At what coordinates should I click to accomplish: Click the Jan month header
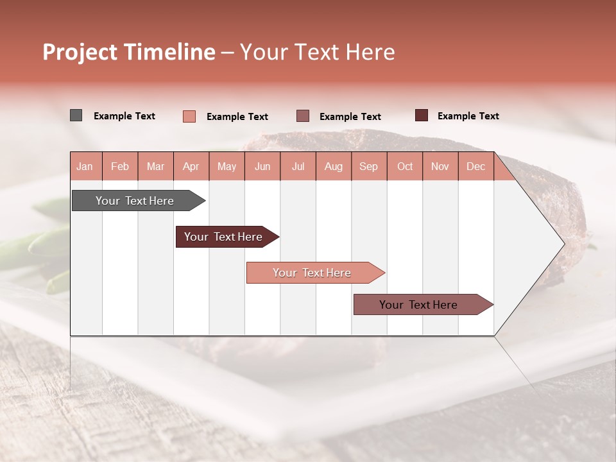(x=85, y=166)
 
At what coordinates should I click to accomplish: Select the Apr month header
(x=191, y=166)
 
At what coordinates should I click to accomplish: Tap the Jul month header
(x=298, y=166)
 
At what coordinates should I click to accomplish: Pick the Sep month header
(x=368, y=166)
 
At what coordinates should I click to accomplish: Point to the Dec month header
(x=475, y=166)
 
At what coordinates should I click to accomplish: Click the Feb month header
(x=120, y=166)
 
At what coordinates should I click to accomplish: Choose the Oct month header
(x=405, y=166)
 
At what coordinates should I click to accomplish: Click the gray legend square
(x=76, y=116)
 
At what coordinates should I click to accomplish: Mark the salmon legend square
(x=189, y=116)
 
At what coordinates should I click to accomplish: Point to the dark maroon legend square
(x=422, y=116)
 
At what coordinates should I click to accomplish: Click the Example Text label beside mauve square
(x=350, y=116)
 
